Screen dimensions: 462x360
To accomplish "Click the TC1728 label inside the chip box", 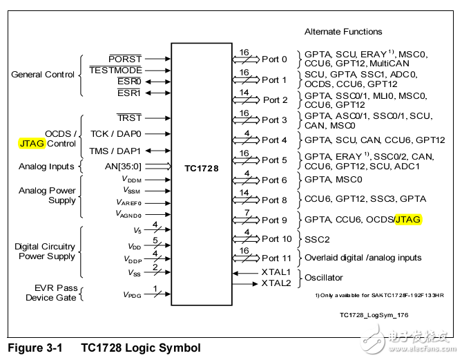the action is pos(202,169).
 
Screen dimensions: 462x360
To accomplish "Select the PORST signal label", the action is pos(125,59).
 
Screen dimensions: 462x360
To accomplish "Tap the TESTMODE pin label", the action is pos(115,70).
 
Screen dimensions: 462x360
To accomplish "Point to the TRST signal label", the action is pos(129,117).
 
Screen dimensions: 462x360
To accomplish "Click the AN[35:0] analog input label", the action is pos(123,167).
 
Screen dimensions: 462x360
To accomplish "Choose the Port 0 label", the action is pos(274,59).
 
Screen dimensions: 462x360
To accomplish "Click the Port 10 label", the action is pos(277,239).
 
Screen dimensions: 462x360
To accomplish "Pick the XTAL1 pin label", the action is pos(276,272).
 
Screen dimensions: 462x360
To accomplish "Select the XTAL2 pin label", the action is pos(276,283).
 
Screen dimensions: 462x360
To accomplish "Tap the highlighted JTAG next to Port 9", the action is pos(408,219).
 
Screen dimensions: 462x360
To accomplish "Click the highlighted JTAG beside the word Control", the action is pos(32,143).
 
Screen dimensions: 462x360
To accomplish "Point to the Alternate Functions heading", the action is pos(343,32).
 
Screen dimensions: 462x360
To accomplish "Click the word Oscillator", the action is pos(323,278).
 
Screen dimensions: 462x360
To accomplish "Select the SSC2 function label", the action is pos(317,239).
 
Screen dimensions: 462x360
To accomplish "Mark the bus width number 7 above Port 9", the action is pos(247,212).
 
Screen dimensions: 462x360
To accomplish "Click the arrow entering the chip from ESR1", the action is pos(158,93).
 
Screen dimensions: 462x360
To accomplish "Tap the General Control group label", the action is pos(43,75).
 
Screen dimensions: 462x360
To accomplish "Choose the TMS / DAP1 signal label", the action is pos(115,151).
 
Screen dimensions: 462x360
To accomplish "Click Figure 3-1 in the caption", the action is pos(35,348).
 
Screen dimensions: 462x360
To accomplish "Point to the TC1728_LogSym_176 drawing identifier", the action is pos(374,315).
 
